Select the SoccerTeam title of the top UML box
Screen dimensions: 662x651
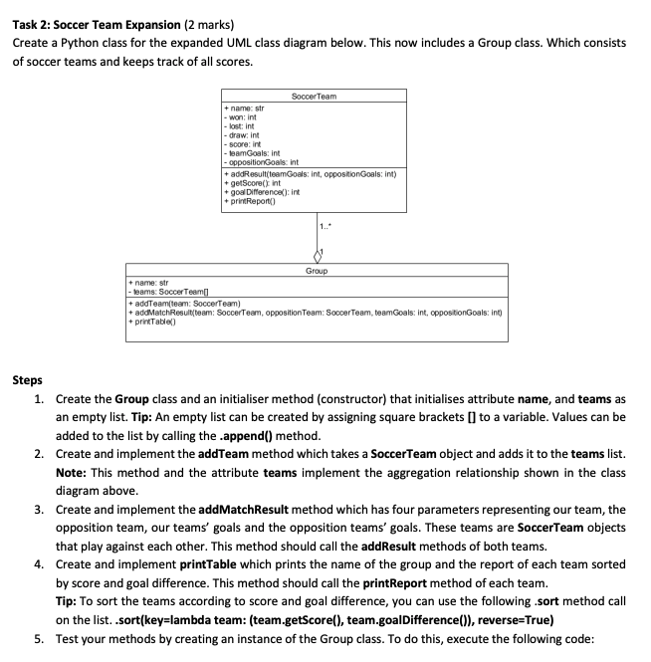tap(314, 96)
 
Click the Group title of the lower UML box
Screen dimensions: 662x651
tap(317, 270)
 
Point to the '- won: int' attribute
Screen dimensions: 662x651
tap(243, 116)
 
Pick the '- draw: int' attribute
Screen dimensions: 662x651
tap(244, 134)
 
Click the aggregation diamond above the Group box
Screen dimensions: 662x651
tap(316, 256)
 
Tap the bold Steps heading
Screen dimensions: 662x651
tap(27, 379)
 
